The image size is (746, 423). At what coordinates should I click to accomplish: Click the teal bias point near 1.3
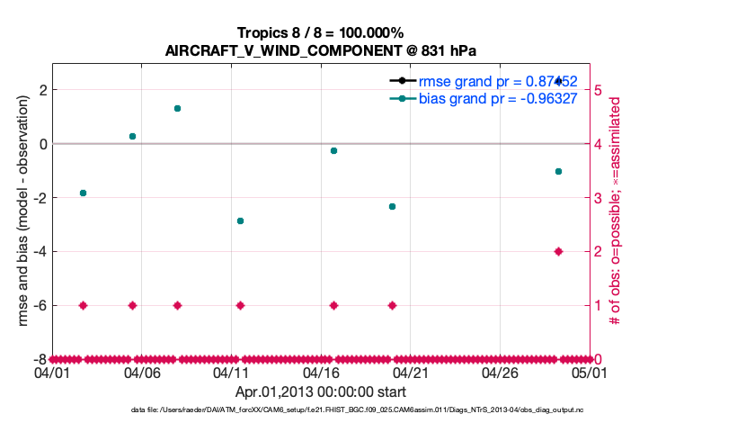(x=177, y=108)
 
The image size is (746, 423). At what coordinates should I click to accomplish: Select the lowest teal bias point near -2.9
(x=240, y=220)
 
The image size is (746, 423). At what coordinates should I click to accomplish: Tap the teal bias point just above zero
(x=132, y=136)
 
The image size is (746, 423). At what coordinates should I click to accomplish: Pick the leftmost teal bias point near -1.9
(x=83, y=193)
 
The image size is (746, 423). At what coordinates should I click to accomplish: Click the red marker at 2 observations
(x=558, y=251)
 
